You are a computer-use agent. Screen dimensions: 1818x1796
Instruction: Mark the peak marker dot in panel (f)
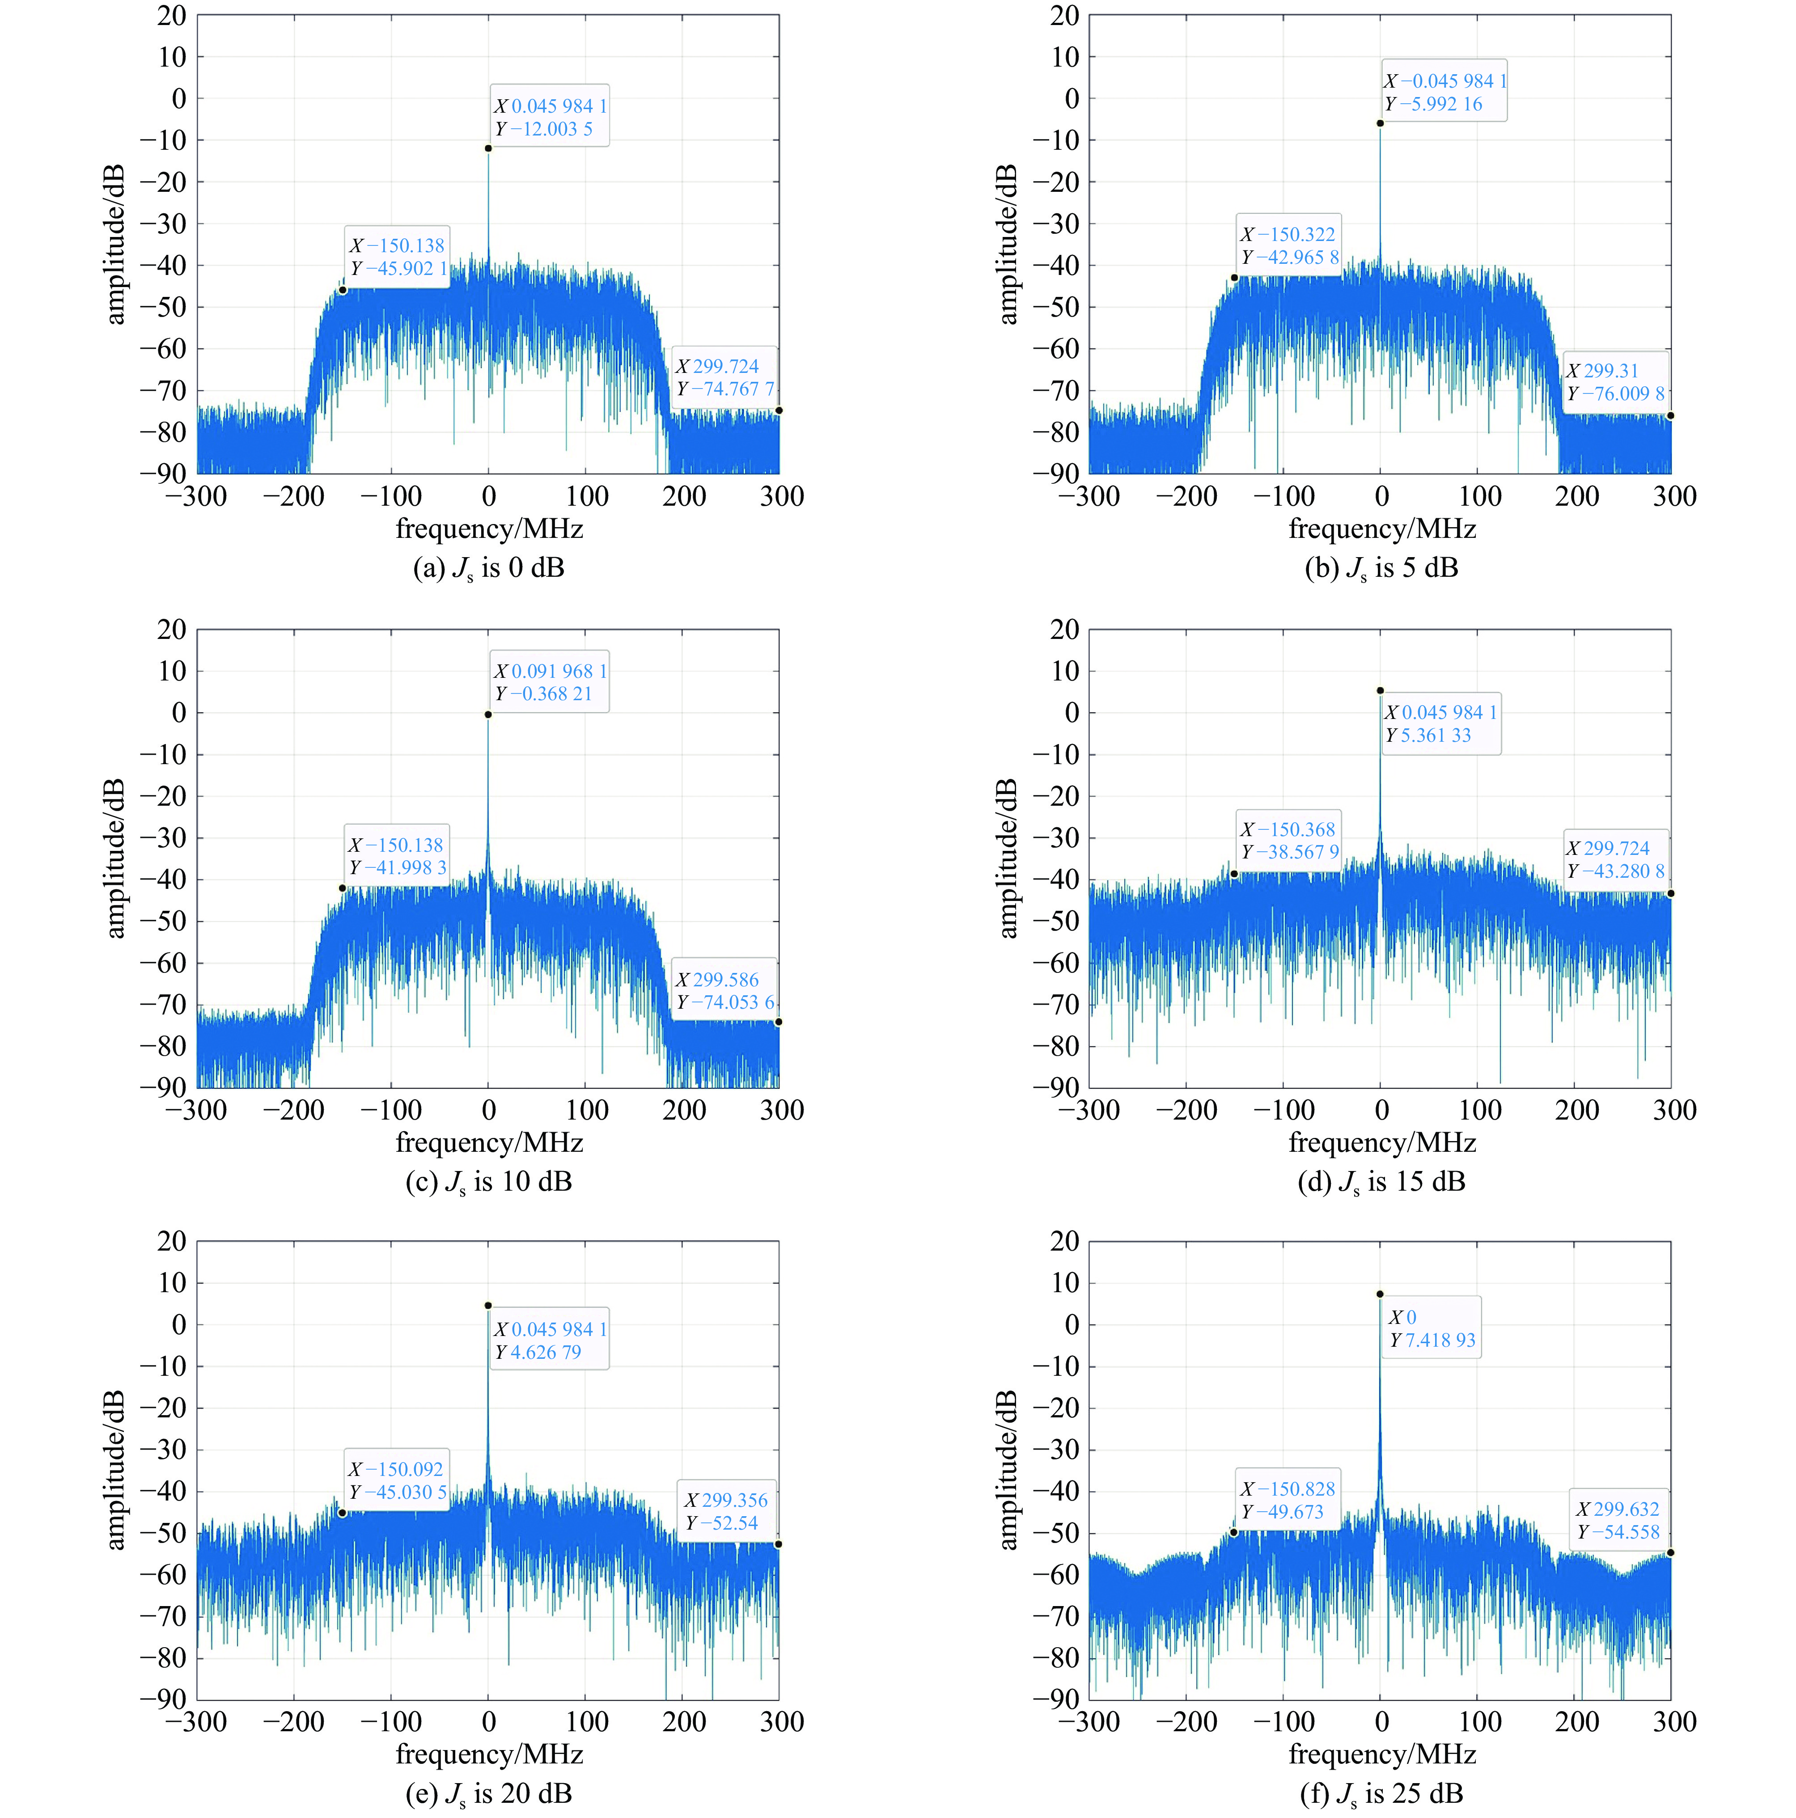coord(1380,1294)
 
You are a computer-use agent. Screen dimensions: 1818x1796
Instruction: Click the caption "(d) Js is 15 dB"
coord(1381,1182)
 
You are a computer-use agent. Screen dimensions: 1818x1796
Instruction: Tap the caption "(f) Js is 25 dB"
coord(1381,1793)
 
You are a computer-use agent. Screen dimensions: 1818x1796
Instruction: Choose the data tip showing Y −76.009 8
coord(1615,382)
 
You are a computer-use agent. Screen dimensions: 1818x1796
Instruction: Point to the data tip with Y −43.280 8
coord(1615,859)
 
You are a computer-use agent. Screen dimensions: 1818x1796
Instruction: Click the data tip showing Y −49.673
coord(1287,1500)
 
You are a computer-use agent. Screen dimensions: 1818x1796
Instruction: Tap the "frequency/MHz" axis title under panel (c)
coord(488,1142)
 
